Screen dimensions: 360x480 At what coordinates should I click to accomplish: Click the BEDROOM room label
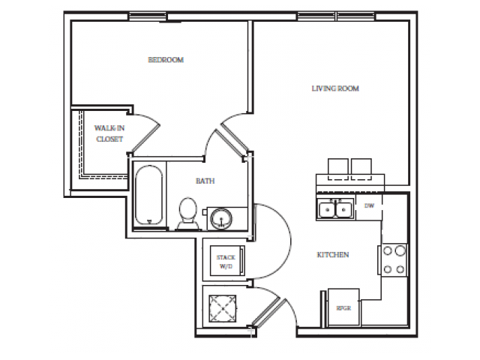point(166,60)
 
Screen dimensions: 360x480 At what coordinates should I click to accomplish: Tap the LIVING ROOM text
point(335,88)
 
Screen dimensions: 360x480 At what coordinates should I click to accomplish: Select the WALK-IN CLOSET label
point(109,133)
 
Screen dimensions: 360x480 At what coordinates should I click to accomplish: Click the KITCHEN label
point(332,255)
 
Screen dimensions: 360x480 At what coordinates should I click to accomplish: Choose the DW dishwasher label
point(369,205)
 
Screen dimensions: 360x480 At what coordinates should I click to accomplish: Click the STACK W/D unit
point(226,261)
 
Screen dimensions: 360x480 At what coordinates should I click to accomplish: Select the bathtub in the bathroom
point(148,194)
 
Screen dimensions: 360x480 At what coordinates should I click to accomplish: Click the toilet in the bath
point(188,212)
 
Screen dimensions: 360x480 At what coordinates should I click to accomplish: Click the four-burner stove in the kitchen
point(394,260)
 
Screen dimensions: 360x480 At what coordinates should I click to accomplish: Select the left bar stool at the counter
point(336,166)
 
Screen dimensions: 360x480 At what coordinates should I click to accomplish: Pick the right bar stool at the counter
point(361,166)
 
